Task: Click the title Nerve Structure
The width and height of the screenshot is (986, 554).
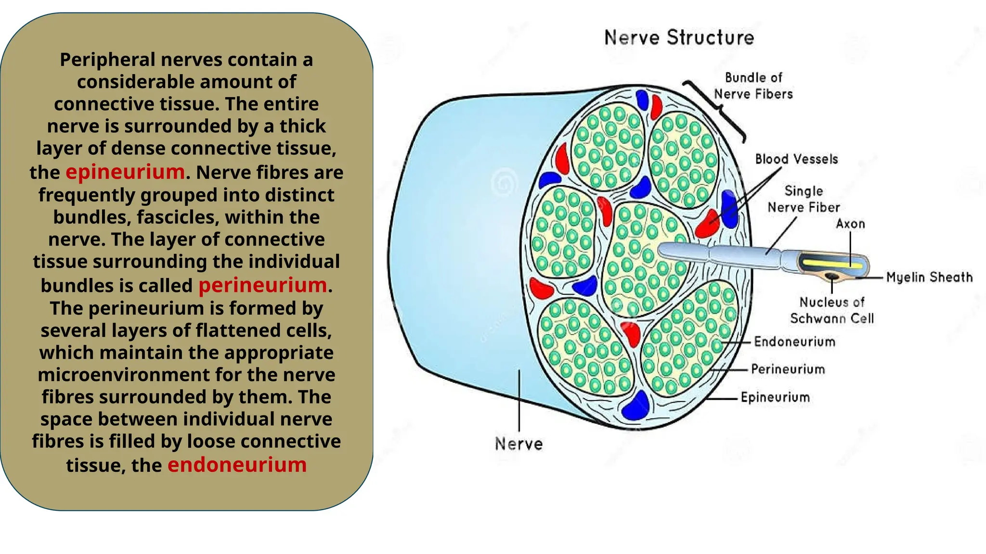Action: click(x=679, y=38)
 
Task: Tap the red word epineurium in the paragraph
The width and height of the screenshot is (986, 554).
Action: click(x=125, y=172)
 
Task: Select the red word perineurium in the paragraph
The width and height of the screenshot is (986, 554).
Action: click(x=262, y=285)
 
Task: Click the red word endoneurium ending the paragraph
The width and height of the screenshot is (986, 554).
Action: click(x=237, y=465)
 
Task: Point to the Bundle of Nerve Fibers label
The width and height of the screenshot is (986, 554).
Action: click(x=753, y=86)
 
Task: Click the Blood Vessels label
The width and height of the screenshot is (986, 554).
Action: click(x=796, y=159)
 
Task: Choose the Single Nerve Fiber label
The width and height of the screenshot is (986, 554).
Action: click(x=804, y=199)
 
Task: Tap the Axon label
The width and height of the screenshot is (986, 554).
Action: click(x=850, y=224)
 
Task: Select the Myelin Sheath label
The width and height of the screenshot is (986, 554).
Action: click(x=929, y=277)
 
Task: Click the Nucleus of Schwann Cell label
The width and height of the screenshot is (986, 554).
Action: click(x=831, y=310)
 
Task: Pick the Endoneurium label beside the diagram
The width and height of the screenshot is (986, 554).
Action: click(x=794, y=342)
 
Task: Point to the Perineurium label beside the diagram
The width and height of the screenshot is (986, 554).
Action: click(x=788, y=369)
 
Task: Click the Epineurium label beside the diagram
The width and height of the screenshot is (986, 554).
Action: click(x=775, y=397)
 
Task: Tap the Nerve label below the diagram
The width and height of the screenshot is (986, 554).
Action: click(x=519, y=443)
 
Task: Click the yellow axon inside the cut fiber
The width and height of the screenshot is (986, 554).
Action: click(x=830, y=263)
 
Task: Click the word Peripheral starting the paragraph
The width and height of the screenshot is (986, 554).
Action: click(x=107, y=60)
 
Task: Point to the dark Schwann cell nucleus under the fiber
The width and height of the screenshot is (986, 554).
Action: click(x=831, y=276)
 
